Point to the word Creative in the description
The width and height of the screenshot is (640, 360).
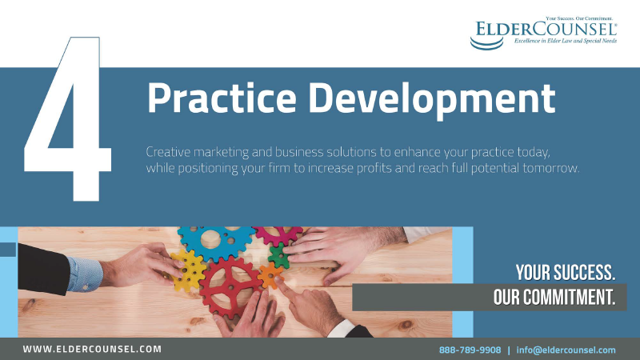169,152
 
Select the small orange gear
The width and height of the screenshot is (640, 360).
270,276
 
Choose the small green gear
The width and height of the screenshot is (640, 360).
278,256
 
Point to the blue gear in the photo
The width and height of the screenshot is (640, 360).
214,240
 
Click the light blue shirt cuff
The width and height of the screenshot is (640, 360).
84,273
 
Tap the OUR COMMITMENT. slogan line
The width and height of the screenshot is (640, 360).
554,298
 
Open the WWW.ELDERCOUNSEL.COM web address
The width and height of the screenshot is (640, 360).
92,350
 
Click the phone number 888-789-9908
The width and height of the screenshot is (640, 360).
470,350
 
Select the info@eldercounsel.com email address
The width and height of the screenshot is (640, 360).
566,350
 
